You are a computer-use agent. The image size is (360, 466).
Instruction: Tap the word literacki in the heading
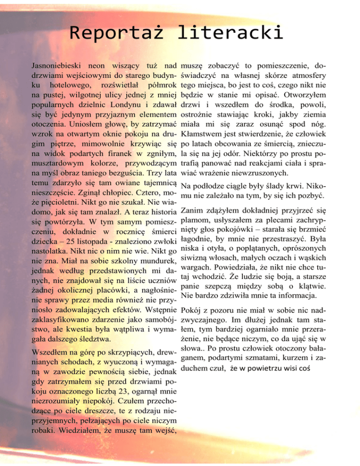point(230,34)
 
